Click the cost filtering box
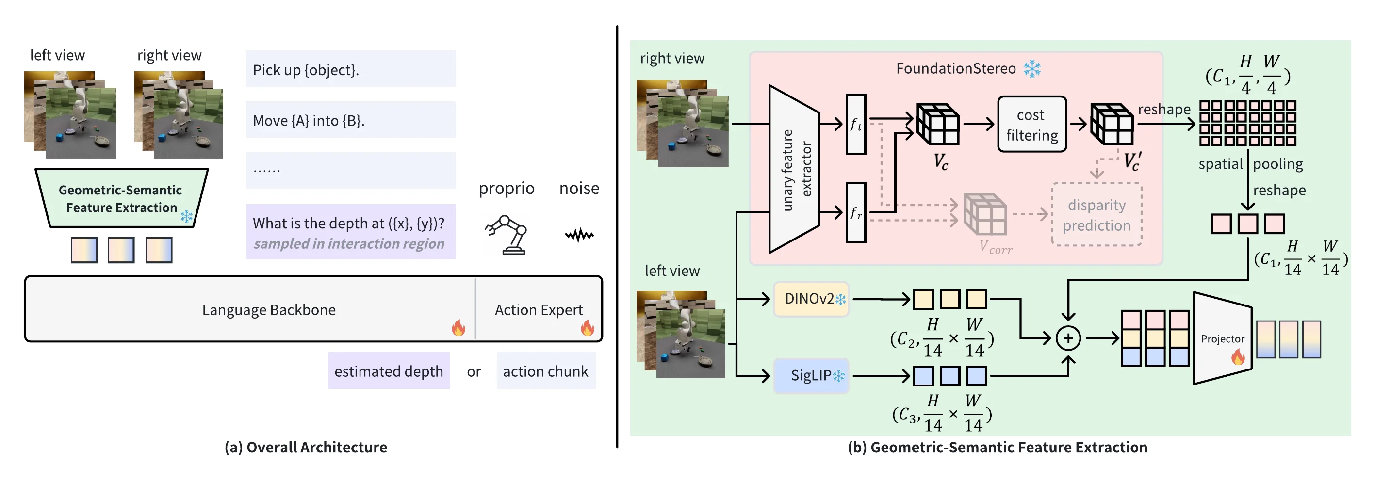point(1031,125)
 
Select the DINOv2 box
point(811,299)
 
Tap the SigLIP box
point(811,376)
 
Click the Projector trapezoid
point(1222,338)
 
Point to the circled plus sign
point(1067,338)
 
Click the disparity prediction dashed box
point(1096,215)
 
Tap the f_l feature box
point(855,125)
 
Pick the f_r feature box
point(855,213)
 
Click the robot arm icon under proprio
point(507,235)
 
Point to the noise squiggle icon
point(579,235)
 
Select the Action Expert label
point(539,310)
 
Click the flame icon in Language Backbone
point(458,327)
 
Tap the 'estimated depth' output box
point(389,371)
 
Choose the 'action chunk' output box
point(545,371)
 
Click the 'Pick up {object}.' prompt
point(350,70)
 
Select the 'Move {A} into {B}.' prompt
point(350,120)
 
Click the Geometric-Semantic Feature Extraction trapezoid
point(121,199)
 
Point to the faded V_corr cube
point(985,214)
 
